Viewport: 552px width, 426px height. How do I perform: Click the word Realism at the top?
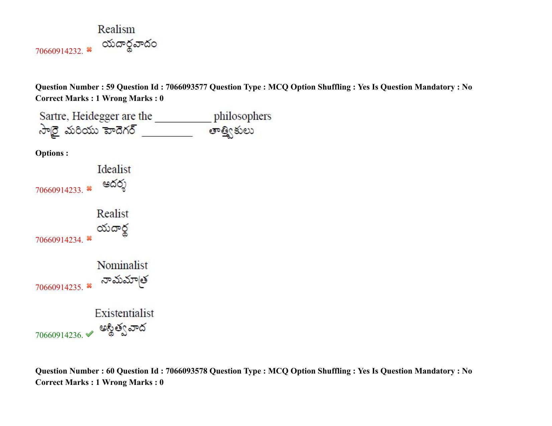[116, 29]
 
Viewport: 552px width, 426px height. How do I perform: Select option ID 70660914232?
[59, 51]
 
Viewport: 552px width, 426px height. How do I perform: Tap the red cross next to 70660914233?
[89, 188]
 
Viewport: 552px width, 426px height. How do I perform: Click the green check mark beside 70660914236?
[90, 333]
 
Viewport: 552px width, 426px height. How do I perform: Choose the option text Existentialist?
[124, 313]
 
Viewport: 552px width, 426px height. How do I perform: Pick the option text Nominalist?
[122, 265]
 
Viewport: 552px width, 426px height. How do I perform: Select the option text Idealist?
[114, 169]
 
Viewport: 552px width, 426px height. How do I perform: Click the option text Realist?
[113, 214]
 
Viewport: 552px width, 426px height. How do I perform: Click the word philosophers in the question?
[243, 116]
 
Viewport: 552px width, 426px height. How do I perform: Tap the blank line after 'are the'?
[183, 122]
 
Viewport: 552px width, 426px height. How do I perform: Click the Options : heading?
[52, 153]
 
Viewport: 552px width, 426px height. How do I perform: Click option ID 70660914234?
[59, 240]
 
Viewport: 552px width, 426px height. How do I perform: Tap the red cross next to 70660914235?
[89, 286]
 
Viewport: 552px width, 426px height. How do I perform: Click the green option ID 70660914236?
[59, 335]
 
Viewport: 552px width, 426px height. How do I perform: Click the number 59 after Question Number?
[110, 87]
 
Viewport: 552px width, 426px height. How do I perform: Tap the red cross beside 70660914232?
[89, 49]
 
